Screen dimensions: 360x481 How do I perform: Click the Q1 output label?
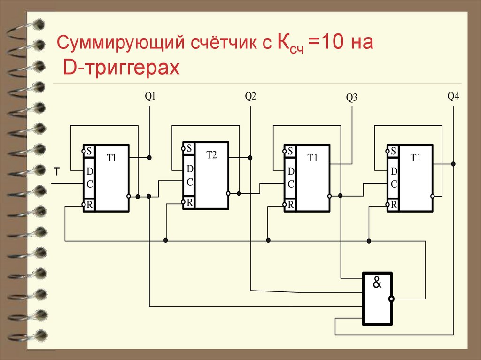click(150, 97)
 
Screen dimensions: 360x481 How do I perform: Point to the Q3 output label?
click(352, 98)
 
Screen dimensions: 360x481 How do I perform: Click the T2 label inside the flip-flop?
click(212, 155)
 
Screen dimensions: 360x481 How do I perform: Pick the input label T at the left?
click(56, 173)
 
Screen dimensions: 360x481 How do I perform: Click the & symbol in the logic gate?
click(377, 283)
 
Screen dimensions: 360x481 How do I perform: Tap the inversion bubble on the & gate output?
click(391, 299)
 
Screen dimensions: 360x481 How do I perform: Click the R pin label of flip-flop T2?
click(189, 202)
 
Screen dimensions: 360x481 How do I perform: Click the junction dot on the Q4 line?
click(453, 164)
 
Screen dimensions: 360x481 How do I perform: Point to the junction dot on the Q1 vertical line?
click(149, 157)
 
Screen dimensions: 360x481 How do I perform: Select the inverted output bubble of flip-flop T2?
click(228, 193)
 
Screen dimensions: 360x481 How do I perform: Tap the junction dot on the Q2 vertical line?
click(250, 157)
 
